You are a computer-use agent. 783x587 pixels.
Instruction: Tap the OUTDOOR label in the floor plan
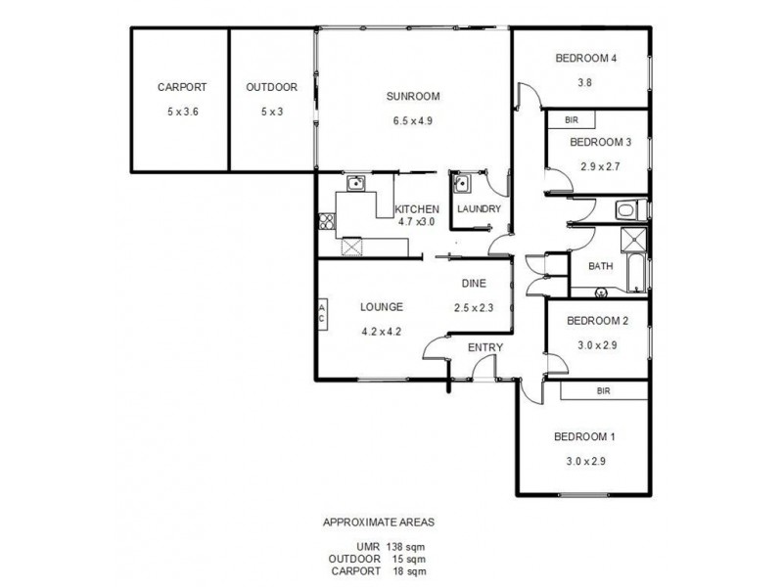tap(271, 87)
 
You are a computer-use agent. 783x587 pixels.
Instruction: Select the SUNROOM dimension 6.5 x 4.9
tap(412, 120)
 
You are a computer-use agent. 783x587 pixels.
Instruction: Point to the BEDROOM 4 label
tap(585, 58)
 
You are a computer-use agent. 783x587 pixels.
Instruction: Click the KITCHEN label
tap(416, 209)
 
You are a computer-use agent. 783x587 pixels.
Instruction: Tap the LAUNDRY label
tap(479, 209)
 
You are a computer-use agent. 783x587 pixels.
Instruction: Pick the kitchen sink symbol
tap(355, 182)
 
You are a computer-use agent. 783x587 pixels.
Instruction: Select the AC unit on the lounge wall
tap(321, 312)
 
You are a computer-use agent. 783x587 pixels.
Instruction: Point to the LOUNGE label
tap(381, 306)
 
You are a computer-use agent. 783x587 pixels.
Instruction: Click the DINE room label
tap(474, 284)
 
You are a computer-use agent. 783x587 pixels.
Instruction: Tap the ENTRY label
tap(484, 348)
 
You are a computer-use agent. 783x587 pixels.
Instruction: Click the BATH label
tap(600, 266)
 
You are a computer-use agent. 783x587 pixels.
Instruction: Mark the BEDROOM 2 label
tap(596, 321)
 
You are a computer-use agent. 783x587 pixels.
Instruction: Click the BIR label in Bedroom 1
tap(603, 389)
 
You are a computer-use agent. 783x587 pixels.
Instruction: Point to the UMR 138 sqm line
tap(391, 546)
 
